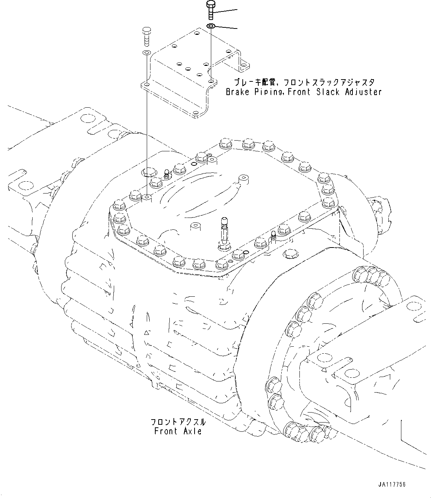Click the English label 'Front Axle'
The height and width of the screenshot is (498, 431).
tap(178, 431)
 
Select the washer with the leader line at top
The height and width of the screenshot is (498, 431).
tap(211, 26)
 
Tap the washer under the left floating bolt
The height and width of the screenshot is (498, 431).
tap(146, 53)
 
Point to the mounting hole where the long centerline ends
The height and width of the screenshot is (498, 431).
tap(147, 198)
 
